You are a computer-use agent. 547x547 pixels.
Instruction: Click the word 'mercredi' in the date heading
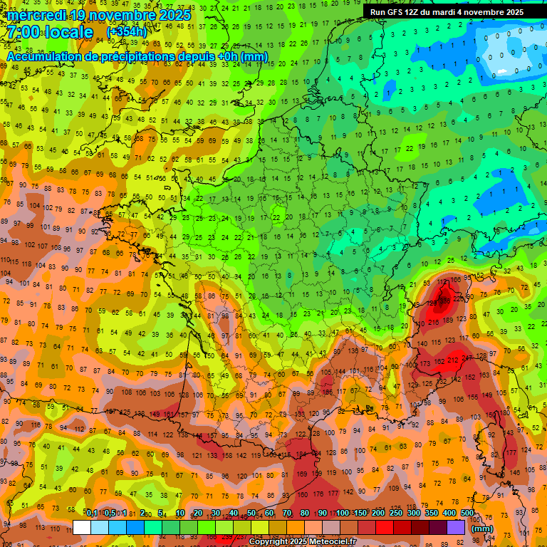[38, 15]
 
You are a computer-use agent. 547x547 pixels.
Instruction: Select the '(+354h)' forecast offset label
[127, 32]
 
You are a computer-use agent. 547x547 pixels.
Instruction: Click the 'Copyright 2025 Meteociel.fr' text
[302, 541]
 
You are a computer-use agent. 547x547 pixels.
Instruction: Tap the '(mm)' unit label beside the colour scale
[482, 528]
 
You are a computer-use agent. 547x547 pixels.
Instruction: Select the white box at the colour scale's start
[82, 527]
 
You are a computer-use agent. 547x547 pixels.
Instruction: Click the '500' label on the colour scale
[467, 514]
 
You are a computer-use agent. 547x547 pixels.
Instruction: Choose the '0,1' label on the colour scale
[92, 514]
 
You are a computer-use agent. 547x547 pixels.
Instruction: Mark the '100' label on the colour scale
[343, 514]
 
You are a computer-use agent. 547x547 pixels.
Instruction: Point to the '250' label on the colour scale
[396, 514]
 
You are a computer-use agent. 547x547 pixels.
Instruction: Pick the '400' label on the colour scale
[449, 514]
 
